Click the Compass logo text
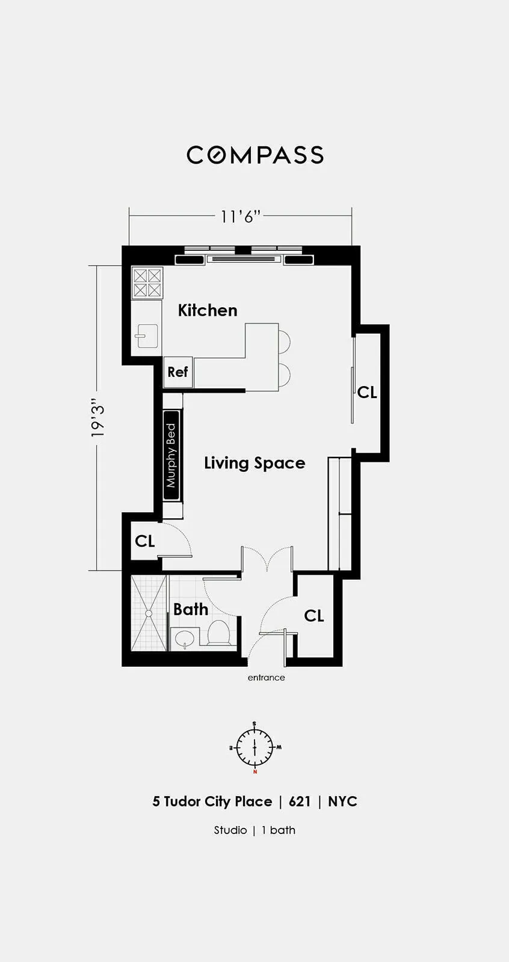click(x=255, y=155)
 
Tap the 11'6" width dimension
click(x=240, y=216)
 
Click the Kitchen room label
click(x=208, y=310)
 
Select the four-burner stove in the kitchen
click(x=147, y=283)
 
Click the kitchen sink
click(x=147, y=335)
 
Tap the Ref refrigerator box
click(x=177, y=372)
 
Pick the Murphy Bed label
click(x=171, y=455)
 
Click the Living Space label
click(x=255, y=463)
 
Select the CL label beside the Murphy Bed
click(x=145, y=541)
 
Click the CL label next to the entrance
click(x=314, y=616)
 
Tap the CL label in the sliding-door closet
click(x=367, y=392)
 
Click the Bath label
click(x=191, y=609)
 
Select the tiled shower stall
click(x=149, y=613)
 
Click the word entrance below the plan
click(x=266, y=678)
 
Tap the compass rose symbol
click(x=255, y=747)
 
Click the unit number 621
click(x=300, y=801)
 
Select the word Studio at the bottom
click(x=230, y=830)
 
